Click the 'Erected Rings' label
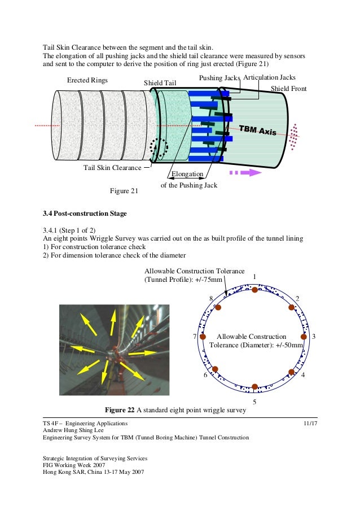pos(87,80)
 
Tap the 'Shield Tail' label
pos(160,84)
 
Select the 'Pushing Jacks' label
pos(219,77)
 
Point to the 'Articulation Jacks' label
pos(269,77)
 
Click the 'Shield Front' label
pos(289,88)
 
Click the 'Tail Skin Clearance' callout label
pos(112,168)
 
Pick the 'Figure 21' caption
pos(124,191)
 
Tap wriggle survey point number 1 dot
pos(255,290)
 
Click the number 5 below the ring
pos(254,402)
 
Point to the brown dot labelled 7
pos(204,337)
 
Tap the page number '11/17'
pos(310,423)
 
